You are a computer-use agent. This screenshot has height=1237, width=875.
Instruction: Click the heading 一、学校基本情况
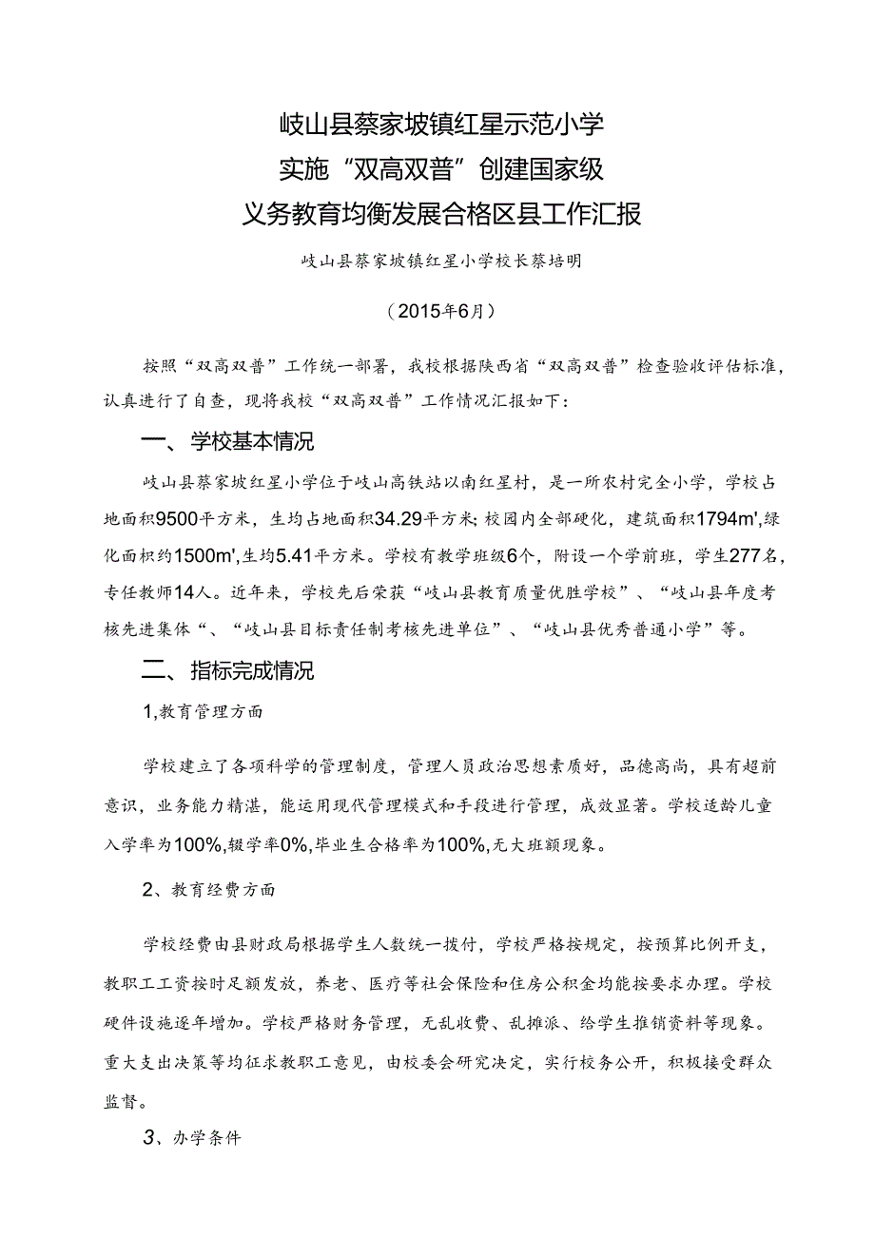(227, 443)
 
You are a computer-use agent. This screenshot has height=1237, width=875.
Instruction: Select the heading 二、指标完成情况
(227, 671)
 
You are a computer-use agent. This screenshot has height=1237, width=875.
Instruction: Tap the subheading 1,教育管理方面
(203, 710)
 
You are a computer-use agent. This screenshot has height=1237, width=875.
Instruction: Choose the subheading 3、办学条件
(192, 1136)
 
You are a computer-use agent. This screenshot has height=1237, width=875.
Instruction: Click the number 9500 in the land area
(202, 518)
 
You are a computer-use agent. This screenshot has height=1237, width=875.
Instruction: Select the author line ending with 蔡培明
(437, 262)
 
